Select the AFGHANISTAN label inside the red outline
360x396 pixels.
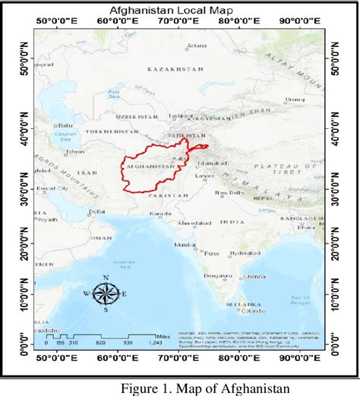pyautogui.click(x=143, y=164)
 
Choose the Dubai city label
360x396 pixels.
pyautogui.click(x=96, y=212)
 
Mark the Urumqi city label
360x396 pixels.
pyautogui.click(x=294, y=99)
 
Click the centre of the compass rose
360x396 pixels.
pyautogui.click(x=105, y=294)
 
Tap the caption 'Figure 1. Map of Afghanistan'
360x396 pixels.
pyautogui.click(x=204, y=387)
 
